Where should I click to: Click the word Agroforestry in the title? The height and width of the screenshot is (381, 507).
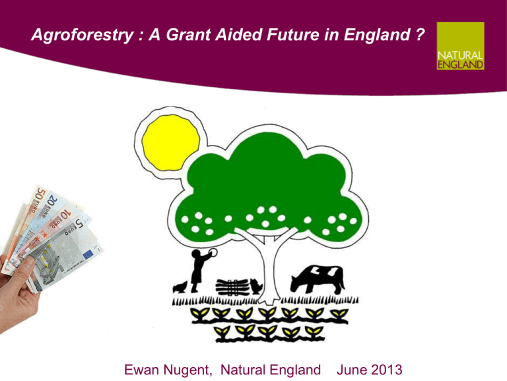pos(83,35)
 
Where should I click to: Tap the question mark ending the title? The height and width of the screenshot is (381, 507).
pos(420,34)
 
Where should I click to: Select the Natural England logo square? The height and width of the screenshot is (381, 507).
pos(460,46)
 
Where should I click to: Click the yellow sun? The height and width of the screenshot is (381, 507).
pos(171,143)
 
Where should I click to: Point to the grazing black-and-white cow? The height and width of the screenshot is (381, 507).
pos(318,279)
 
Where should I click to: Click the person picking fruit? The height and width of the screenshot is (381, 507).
pos(199,270)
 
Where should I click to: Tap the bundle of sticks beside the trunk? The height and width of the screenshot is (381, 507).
pos(232,287)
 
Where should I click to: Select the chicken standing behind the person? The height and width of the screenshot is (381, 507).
pos(180,287)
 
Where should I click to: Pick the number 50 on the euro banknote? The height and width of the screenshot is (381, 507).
pos(40,194)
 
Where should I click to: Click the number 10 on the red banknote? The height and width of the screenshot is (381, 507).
pos(65,214)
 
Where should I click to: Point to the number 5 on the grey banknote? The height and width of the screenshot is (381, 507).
pos(79,223)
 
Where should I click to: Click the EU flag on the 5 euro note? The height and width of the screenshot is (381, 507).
pos(88,255)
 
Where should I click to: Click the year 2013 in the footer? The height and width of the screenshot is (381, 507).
pos(386,370)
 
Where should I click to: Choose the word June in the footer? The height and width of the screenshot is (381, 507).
pos(351,370)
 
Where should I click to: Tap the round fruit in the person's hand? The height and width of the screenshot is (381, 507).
pos(213,253)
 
